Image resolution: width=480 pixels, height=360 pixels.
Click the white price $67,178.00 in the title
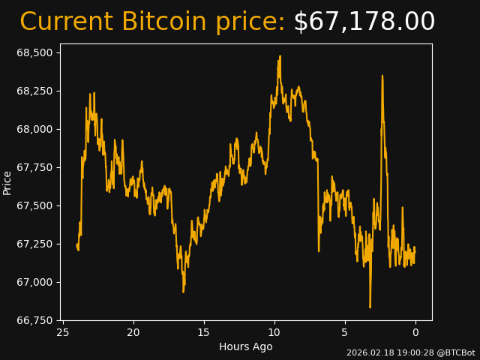[364, 22]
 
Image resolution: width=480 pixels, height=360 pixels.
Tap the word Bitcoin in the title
[163, 22]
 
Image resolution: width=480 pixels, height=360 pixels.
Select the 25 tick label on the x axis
[63, 332]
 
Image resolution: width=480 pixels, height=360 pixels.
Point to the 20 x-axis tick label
[133, 332]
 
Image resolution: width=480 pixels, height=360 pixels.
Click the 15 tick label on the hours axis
[204, 332]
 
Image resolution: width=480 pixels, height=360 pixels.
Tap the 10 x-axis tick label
[274, 332]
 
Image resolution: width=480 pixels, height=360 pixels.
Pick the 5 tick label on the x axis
[345, 332]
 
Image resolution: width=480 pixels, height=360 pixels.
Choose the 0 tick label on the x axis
[415, 332]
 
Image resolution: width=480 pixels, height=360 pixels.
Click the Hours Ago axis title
[246, 346]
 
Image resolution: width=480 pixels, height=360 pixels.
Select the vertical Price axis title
[7, 182]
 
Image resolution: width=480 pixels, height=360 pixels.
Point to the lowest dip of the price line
[370, 307]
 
